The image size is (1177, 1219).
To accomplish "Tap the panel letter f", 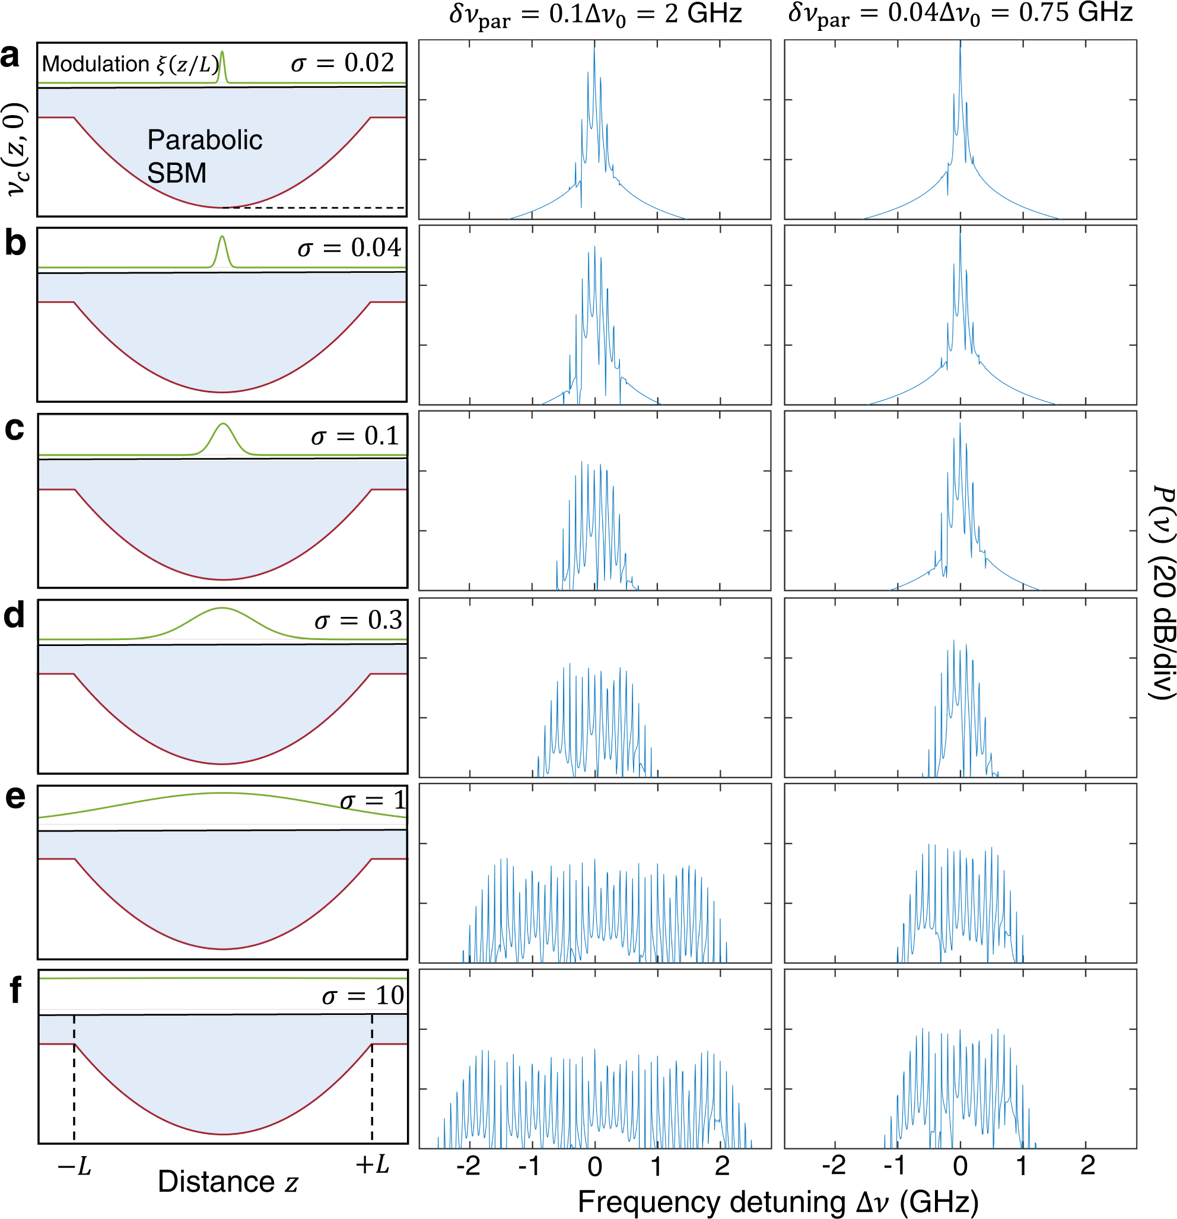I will pyautogui.click(x=15, y=989).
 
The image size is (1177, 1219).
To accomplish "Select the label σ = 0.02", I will pyautogui.click(x=342, y=63).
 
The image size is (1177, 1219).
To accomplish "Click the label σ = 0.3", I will pyautogui.click(x=358, y=620).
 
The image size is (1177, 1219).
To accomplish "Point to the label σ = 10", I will pyautogui.click(x=362, y=996).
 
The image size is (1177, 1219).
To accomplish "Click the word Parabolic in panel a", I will pyautogui.click(x=205, y=140).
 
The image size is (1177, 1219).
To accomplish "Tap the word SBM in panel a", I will pyautogui.click(x=177, y=173).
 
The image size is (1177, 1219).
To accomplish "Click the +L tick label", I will pyautogui.click(x=372, y=1164).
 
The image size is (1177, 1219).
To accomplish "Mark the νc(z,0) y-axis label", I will pyautogui.click(x=17, y=149).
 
